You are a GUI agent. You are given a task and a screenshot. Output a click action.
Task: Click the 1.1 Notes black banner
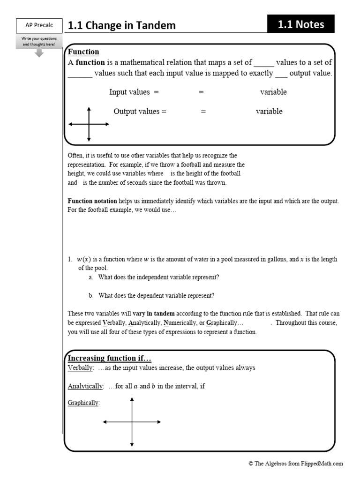pos(300,24)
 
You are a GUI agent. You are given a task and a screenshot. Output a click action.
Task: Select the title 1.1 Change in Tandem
pos(122,26)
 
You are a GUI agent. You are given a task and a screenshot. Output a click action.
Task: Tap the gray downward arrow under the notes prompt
pos(39,52)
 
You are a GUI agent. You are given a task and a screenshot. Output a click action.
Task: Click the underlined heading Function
pos(83,52)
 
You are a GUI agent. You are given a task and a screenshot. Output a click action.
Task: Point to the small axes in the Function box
pos(89,124)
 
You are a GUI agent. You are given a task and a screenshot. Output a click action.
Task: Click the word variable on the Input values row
pos(273,92)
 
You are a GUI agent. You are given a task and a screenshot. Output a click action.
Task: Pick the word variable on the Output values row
pos(269,112)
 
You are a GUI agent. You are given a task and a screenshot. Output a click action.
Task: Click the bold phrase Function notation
pos(92,201)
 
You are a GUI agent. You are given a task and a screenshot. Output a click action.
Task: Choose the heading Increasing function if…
pos(110,358)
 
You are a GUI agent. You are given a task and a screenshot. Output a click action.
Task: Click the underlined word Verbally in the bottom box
pos(81,368)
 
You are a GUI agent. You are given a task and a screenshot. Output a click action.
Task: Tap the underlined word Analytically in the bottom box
pos(85,386)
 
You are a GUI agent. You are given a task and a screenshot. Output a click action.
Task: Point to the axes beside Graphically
pos(132,422)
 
